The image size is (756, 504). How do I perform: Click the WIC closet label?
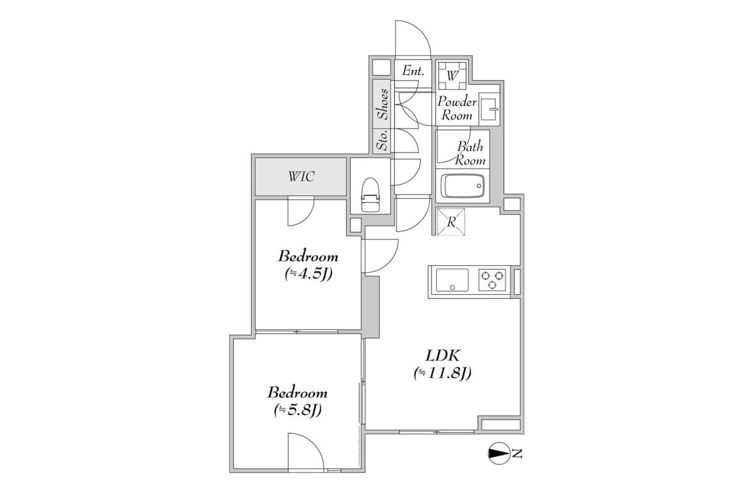(301, 177)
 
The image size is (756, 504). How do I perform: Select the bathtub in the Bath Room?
(464, 186)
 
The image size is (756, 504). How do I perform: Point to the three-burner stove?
(493, 280)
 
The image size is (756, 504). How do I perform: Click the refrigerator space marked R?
(451, 222)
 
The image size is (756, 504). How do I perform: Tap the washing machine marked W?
(452, 75)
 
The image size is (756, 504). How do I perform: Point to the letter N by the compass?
(517, 453)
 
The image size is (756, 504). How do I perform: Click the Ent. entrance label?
(413, 71)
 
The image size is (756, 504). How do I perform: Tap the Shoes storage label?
(382, 103)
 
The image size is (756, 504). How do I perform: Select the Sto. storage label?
(382, 139)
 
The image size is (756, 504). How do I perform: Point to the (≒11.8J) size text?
(443, 374)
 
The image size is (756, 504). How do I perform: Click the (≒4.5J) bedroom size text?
(308, 274)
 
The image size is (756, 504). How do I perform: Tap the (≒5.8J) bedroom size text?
(297, 410)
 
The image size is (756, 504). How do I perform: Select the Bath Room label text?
(471, 153)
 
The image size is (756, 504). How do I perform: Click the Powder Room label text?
(457, 108)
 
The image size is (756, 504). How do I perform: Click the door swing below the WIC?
(300, 212)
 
